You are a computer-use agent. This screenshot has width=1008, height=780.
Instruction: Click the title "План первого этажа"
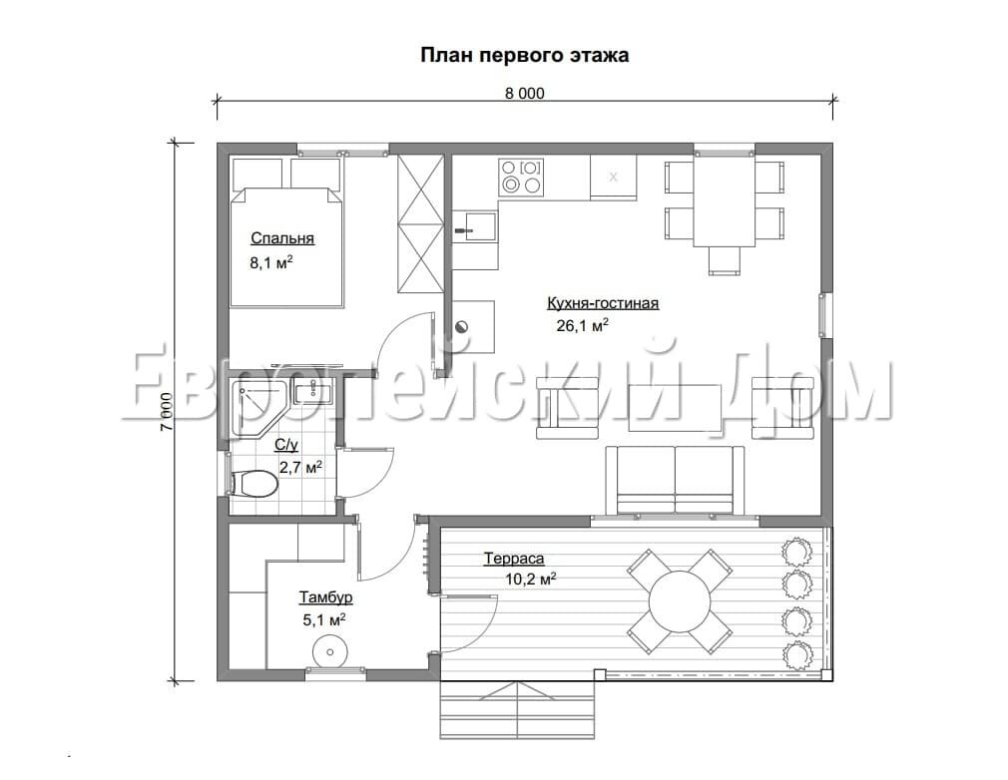[525, 56]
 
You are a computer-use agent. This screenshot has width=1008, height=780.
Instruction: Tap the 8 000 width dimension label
[525, 94]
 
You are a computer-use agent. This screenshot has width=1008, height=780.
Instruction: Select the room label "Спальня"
[282, 239]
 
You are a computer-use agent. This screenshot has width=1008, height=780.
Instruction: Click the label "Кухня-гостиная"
[603, 303]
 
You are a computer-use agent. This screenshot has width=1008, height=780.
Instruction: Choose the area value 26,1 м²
[583, 325]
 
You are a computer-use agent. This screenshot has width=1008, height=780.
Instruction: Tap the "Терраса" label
[514, 559]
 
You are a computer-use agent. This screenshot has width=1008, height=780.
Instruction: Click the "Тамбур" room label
[325, 597]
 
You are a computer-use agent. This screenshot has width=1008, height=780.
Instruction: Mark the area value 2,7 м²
[300, 467]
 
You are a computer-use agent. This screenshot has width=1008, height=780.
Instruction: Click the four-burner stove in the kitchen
[521, 177]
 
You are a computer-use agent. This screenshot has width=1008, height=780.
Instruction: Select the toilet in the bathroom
[253, 483]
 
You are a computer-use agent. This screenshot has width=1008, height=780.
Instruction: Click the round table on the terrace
[680, 602]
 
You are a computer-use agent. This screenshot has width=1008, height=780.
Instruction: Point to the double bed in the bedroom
[286, 246]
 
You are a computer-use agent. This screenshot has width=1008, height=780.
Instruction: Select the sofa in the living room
[675, 481]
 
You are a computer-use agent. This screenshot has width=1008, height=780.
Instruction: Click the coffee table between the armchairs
[676, 408]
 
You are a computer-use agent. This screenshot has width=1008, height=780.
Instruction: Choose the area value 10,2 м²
[530, 579]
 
